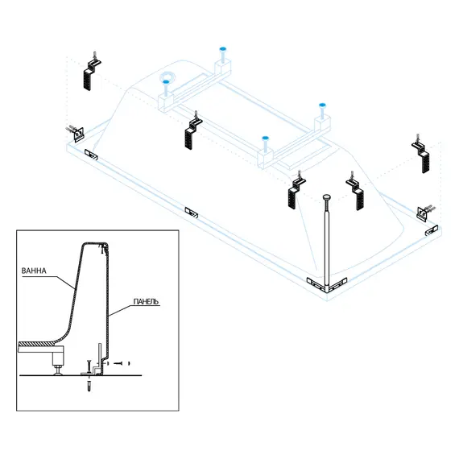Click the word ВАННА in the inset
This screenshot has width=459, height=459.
34,271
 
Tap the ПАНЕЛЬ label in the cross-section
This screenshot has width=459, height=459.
146,301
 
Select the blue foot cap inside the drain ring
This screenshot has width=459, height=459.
166,82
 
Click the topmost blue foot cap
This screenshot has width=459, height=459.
223,48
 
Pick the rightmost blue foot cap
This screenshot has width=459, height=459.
322,105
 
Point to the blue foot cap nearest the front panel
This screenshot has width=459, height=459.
265,138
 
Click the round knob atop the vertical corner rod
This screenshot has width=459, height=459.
327,198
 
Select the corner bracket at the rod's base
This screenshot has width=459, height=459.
327,284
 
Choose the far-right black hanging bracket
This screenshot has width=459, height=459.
421,154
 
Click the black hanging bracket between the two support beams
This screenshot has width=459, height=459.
192,130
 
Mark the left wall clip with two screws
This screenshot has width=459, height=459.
76,133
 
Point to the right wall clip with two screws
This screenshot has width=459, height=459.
425,212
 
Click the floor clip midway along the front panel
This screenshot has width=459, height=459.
192,213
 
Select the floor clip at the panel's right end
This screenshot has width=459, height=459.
432,229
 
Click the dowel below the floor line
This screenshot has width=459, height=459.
89,386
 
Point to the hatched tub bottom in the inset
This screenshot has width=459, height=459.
36,343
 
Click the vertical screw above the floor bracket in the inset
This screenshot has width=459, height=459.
88,366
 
